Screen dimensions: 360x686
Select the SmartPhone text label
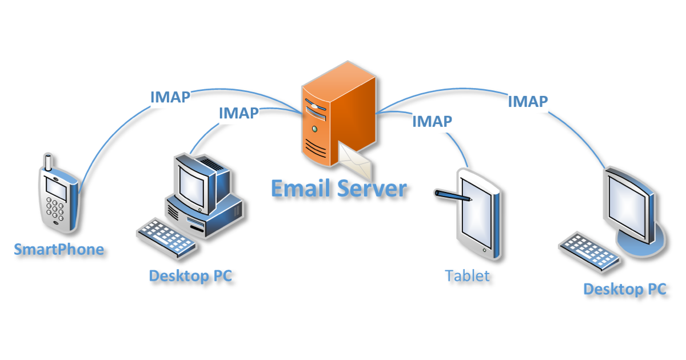coord(59,250)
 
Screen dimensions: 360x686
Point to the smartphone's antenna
coord(49,162)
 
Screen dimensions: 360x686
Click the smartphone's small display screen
coord(56,187)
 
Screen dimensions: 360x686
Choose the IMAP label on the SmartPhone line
coord(170,97)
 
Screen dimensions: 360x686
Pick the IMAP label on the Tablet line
coord(432,121)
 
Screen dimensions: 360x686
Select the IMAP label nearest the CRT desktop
coord(238,113)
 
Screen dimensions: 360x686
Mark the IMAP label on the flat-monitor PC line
coord(528,102)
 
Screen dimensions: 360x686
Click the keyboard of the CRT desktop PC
coord(166,235)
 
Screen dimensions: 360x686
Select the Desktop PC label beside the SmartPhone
coord(190,276)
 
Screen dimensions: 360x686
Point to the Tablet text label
coord(468,276)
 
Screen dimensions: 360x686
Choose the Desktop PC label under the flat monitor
coord(624,289)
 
